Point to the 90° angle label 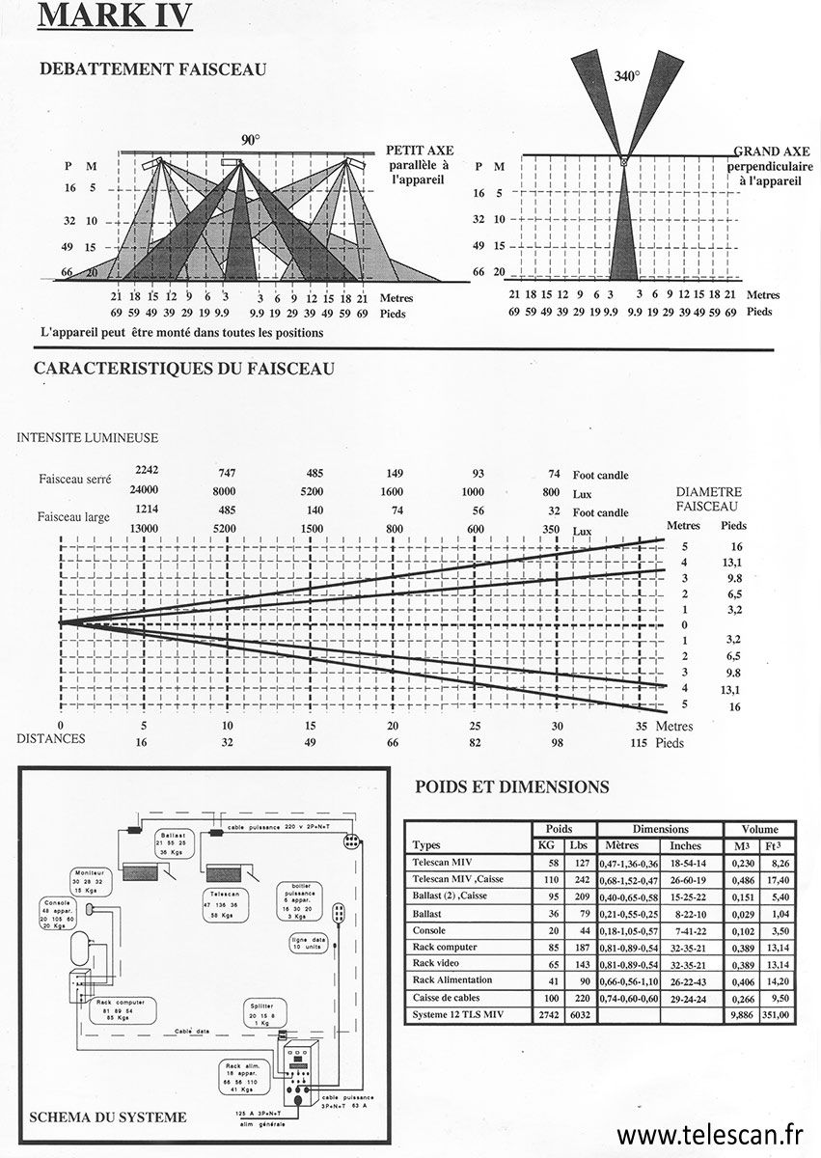tap(250, 140)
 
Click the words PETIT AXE tap(419, 151)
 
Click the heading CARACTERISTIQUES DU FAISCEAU tap(184, 369)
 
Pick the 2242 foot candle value tap(147, 470)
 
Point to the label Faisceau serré tap(75, 479)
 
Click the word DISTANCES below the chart tap(51, 739)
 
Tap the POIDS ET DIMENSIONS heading tap(511, 786)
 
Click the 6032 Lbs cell tap(579, 1014)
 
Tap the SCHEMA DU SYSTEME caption tap(108, 1117)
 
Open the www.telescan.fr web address tap(709, 1133)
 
